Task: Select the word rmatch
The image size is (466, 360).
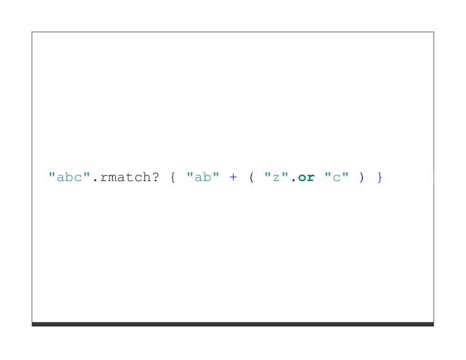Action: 125,177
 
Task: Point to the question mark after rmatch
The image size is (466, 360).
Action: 155,177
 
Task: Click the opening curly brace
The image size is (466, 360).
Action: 172,177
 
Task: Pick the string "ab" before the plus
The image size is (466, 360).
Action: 203,177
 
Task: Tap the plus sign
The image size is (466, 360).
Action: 233,177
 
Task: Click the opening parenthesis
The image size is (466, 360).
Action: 251,177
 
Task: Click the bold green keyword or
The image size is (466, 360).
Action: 306,177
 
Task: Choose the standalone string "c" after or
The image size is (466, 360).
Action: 336,177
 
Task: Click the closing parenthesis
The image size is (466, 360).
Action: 362,177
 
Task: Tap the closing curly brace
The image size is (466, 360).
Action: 380,177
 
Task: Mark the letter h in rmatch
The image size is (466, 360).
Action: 147,177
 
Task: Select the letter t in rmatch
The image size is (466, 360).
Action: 129,177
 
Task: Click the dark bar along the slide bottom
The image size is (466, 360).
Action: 233,324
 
